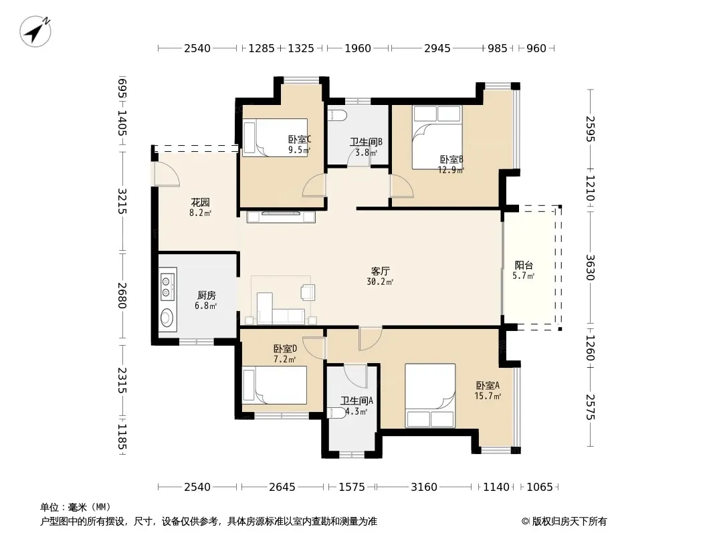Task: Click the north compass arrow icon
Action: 35,31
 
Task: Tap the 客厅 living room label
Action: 380,272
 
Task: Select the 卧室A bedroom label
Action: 488,385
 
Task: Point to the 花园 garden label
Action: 200,202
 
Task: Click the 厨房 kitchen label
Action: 207,296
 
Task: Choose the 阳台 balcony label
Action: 524,265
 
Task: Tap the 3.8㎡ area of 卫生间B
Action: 366,152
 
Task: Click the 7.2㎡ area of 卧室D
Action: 285,360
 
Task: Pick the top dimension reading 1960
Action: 358,48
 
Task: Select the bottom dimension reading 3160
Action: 424,488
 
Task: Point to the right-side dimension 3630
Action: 590,267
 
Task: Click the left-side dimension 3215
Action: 122,201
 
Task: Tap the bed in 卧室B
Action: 437,138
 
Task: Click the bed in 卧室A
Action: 430,395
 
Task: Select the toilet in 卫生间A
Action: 337,413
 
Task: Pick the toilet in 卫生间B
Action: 337,115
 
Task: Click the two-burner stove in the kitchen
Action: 167,284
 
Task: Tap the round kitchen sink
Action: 168,318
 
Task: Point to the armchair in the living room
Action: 308,292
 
